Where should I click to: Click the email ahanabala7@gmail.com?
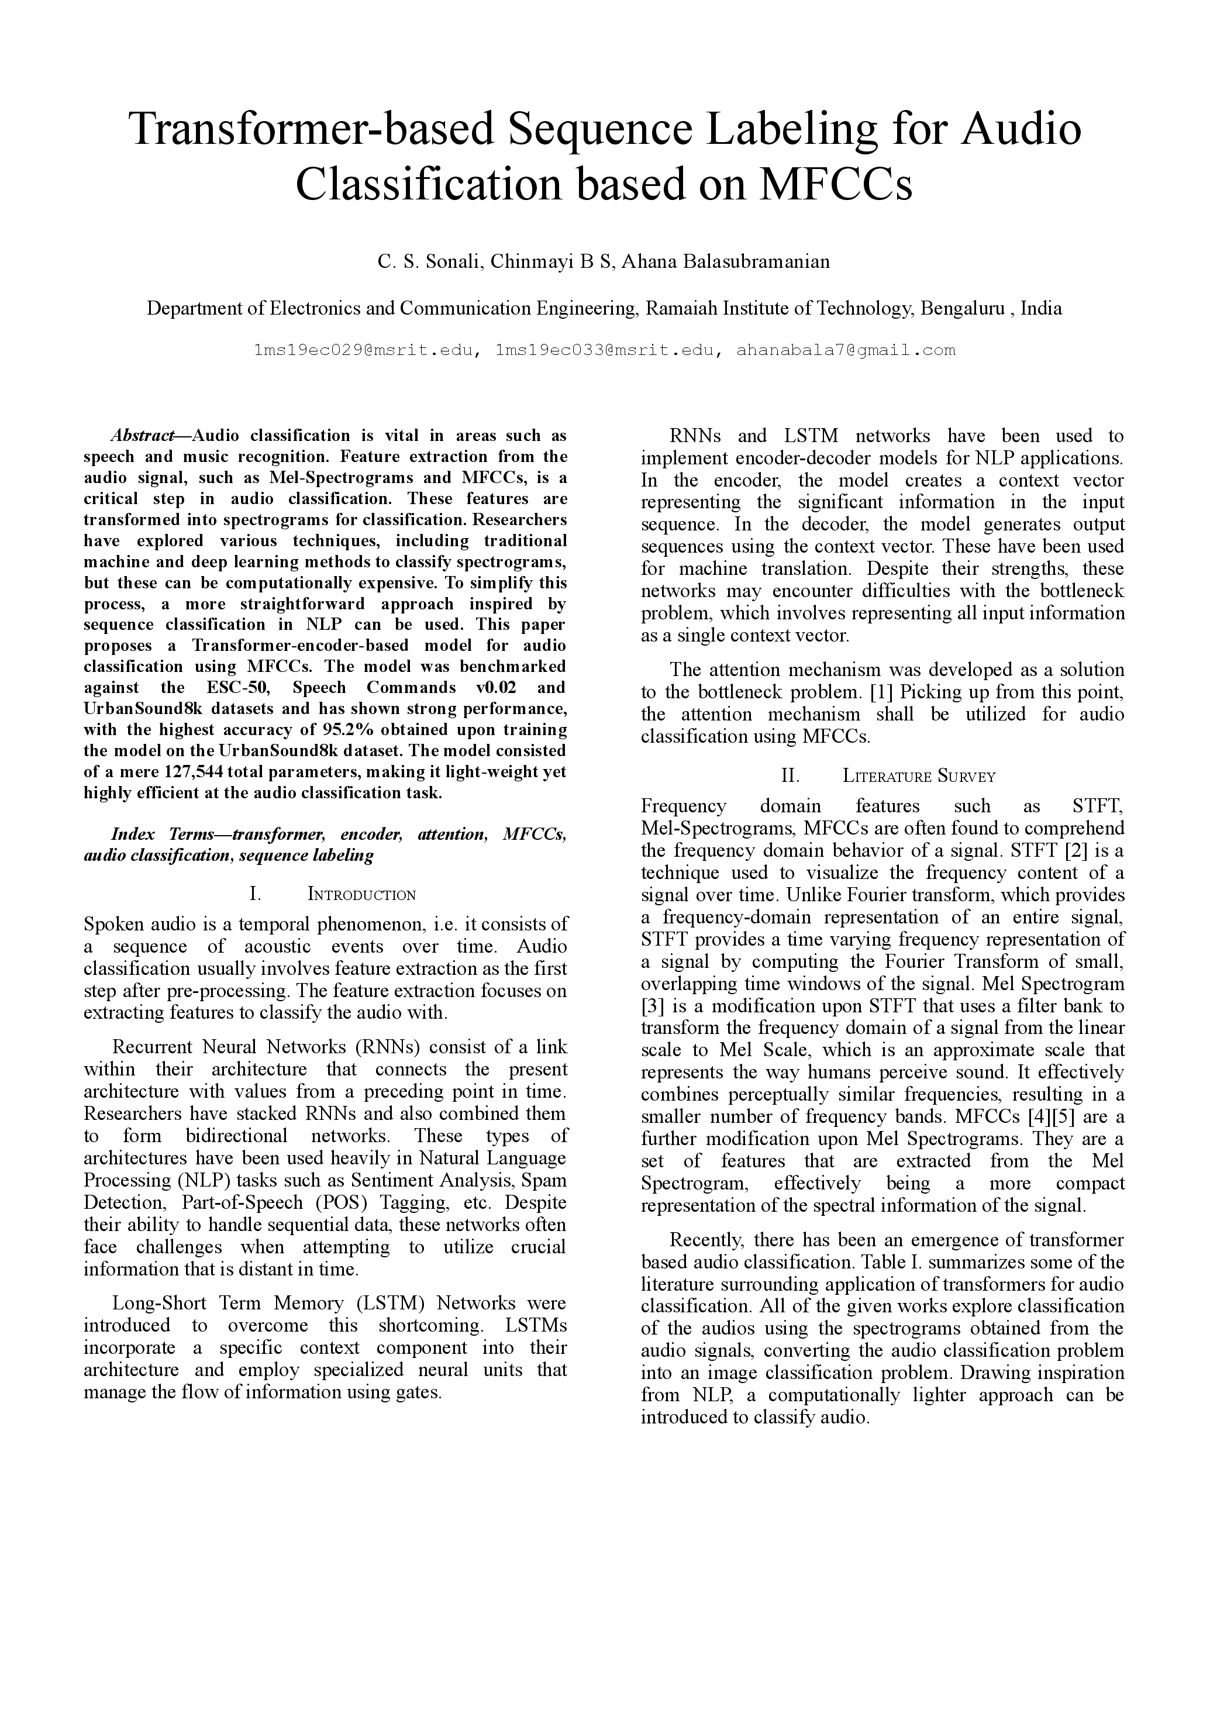(845, 350)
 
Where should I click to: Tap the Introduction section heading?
(361, 894)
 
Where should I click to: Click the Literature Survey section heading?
(919, 777)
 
